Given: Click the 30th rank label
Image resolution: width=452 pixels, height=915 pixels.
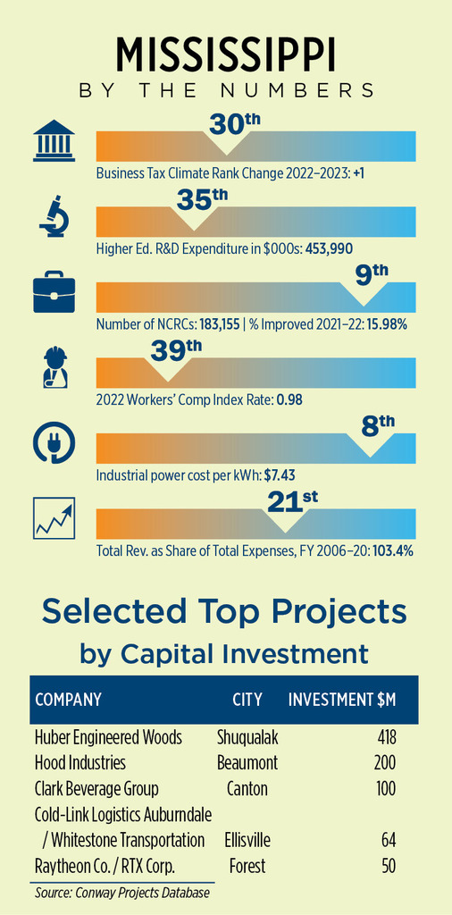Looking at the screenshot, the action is tap(233, 123).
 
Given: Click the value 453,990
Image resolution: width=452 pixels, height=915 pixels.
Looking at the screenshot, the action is tap(329, 249).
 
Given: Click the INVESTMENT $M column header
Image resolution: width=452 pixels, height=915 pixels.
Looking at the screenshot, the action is tap(342, 699).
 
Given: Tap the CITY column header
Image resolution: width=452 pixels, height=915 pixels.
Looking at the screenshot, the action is tap(247, 699).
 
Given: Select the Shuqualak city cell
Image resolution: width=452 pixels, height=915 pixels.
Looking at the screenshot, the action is tap(247, 737).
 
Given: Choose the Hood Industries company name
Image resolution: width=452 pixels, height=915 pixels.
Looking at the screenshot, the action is tap(80, 763).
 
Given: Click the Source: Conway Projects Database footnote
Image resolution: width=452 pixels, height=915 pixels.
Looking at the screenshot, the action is tap(121, 893).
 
